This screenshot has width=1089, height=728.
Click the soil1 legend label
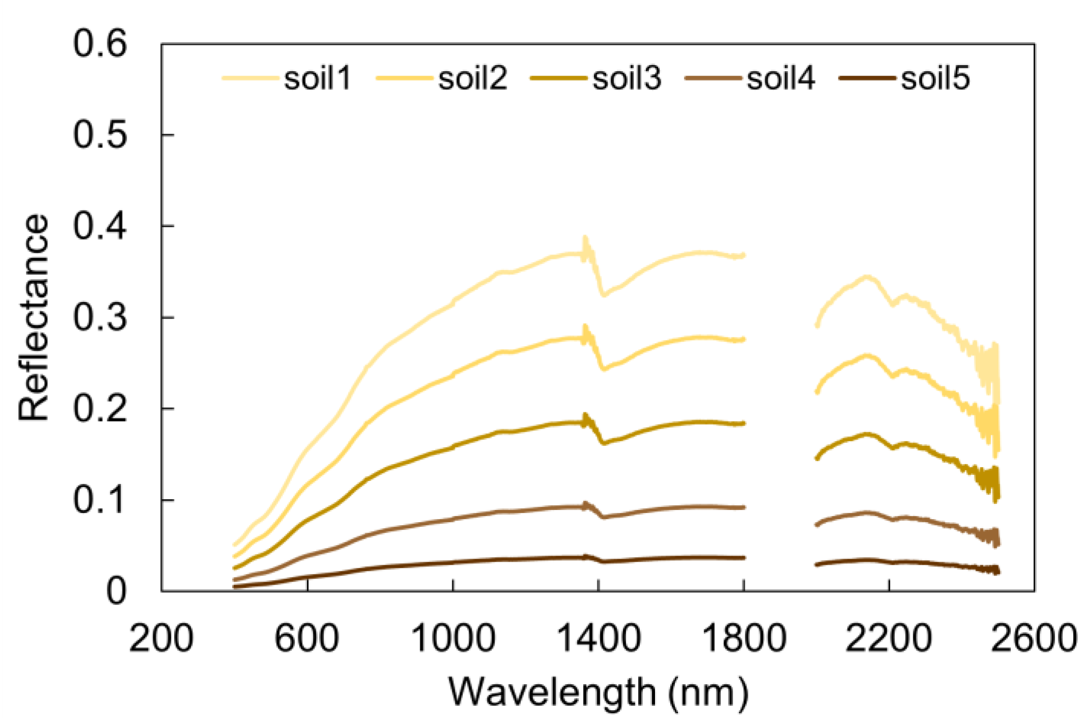point(317,79)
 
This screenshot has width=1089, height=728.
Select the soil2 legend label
point(473,79)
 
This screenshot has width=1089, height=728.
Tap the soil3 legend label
point(627,79)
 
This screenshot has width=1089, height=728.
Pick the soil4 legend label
point(781,79)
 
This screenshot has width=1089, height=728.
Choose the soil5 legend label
point(935,79)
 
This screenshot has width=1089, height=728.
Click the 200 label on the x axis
point(161,638)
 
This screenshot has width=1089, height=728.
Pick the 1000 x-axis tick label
point(453,638)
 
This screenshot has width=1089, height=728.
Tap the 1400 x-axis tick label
point(599,638)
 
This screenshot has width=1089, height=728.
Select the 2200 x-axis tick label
point(889,638)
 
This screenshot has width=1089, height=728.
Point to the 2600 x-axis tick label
point(1034,638)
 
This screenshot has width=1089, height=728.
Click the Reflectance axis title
point(34,318)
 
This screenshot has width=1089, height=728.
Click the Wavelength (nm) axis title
point(598,692)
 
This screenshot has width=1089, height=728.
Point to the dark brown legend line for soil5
point(866,78)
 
